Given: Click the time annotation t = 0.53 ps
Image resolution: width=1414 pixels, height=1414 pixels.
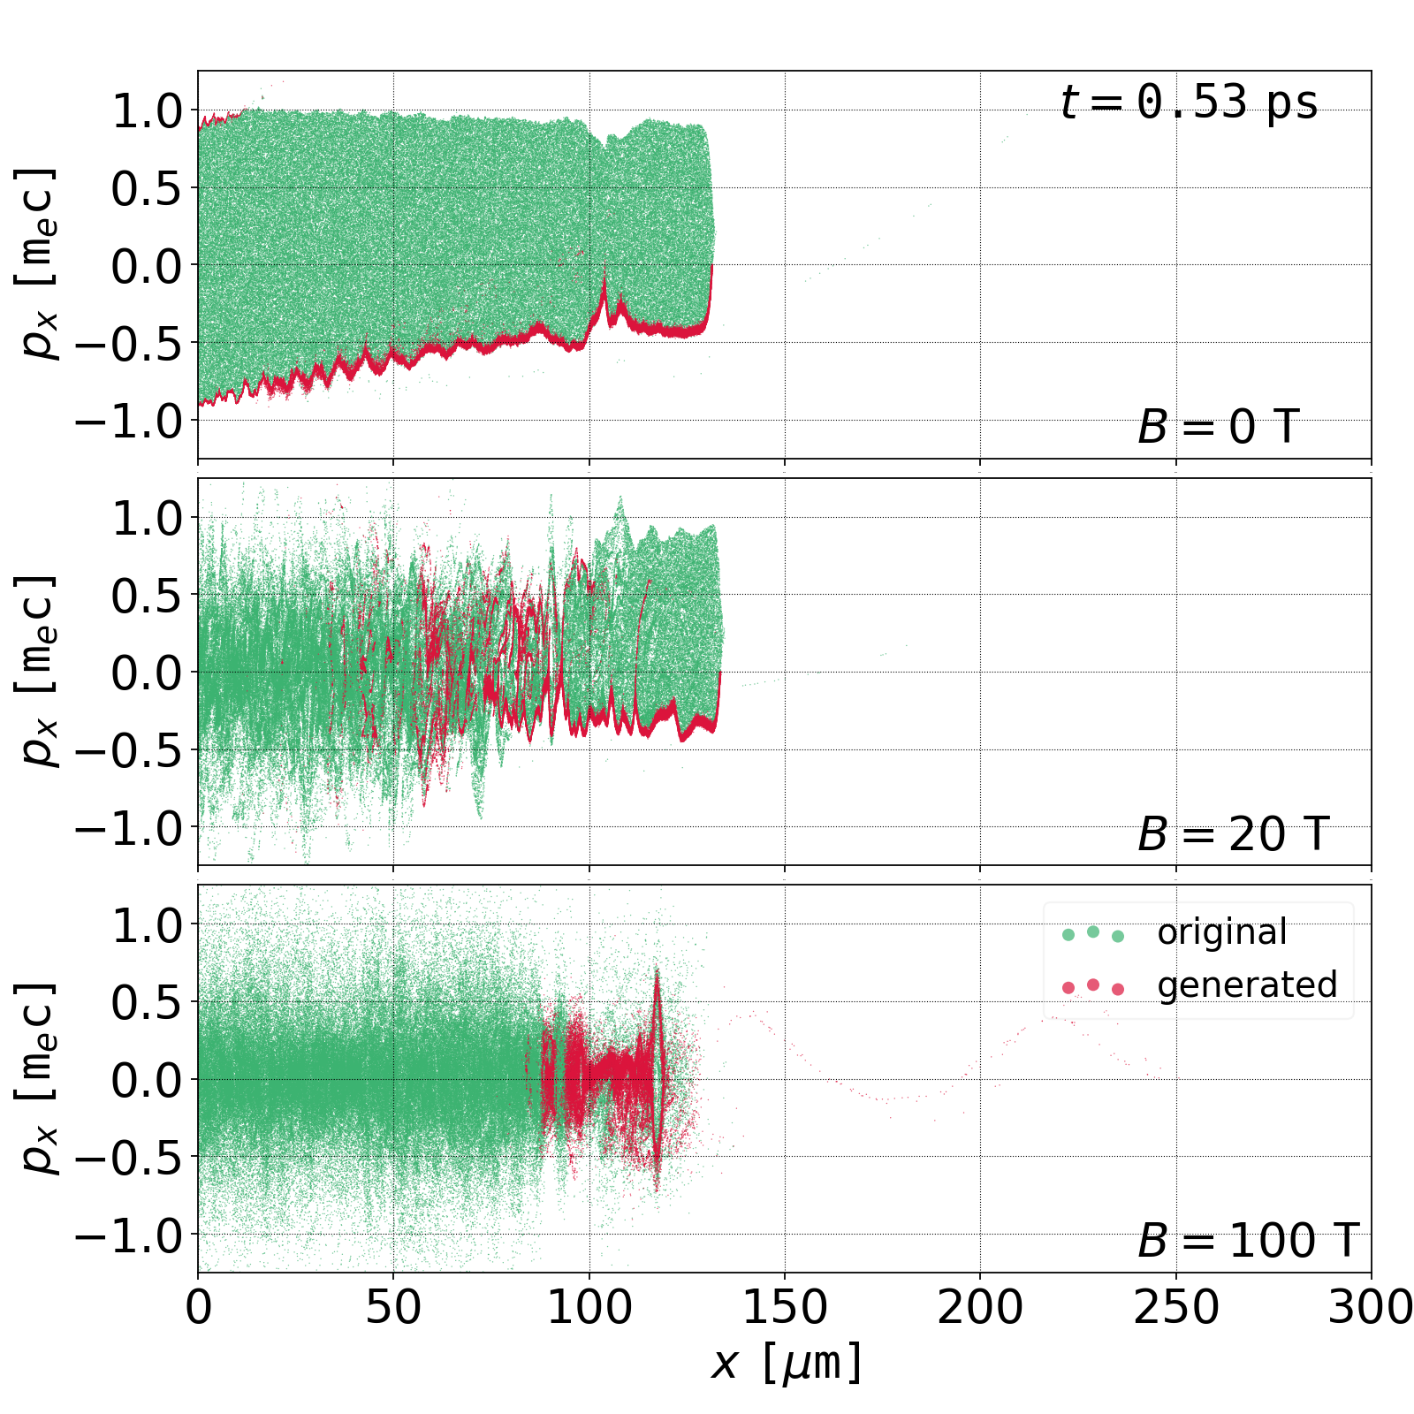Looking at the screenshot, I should [1189, 103].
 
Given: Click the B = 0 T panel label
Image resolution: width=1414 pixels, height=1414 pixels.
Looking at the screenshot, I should [1218, 428].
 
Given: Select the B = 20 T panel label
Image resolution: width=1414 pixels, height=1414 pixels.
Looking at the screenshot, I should [1233, 834].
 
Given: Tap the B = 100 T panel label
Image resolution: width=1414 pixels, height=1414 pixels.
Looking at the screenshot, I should [1247, 1241].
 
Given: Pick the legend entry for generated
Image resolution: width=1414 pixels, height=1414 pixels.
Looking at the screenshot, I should [1246, 984].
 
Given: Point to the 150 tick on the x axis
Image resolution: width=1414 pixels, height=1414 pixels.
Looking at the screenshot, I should [785, 1307].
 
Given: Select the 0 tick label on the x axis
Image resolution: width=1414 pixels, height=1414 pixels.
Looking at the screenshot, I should [199, 1307].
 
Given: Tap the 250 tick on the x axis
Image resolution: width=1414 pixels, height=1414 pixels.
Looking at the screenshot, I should [1175, 1307].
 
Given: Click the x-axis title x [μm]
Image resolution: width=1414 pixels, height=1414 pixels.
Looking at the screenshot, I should [786, 1363].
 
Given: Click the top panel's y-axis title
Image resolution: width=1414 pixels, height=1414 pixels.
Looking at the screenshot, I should [38, 264].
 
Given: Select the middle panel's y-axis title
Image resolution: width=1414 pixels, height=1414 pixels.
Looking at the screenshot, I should [38, 672].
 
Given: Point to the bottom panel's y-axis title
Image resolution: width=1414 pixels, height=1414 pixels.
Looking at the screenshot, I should [38, 1078].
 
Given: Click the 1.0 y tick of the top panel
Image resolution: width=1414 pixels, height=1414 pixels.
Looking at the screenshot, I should [147, 111].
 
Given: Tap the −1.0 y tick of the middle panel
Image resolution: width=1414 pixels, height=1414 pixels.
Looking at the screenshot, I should [129, 828].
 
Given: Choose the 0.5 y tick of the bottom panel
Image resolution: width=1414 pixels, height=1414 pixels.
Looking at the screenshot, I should [147, 1002].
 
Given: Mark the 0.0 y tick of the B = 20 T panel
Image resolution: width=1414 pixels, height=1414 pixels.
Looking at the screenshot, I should [147, 673].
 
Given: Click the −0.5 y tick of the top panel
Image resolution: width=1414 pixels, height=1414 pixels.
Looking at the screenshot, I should [129, 343].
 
